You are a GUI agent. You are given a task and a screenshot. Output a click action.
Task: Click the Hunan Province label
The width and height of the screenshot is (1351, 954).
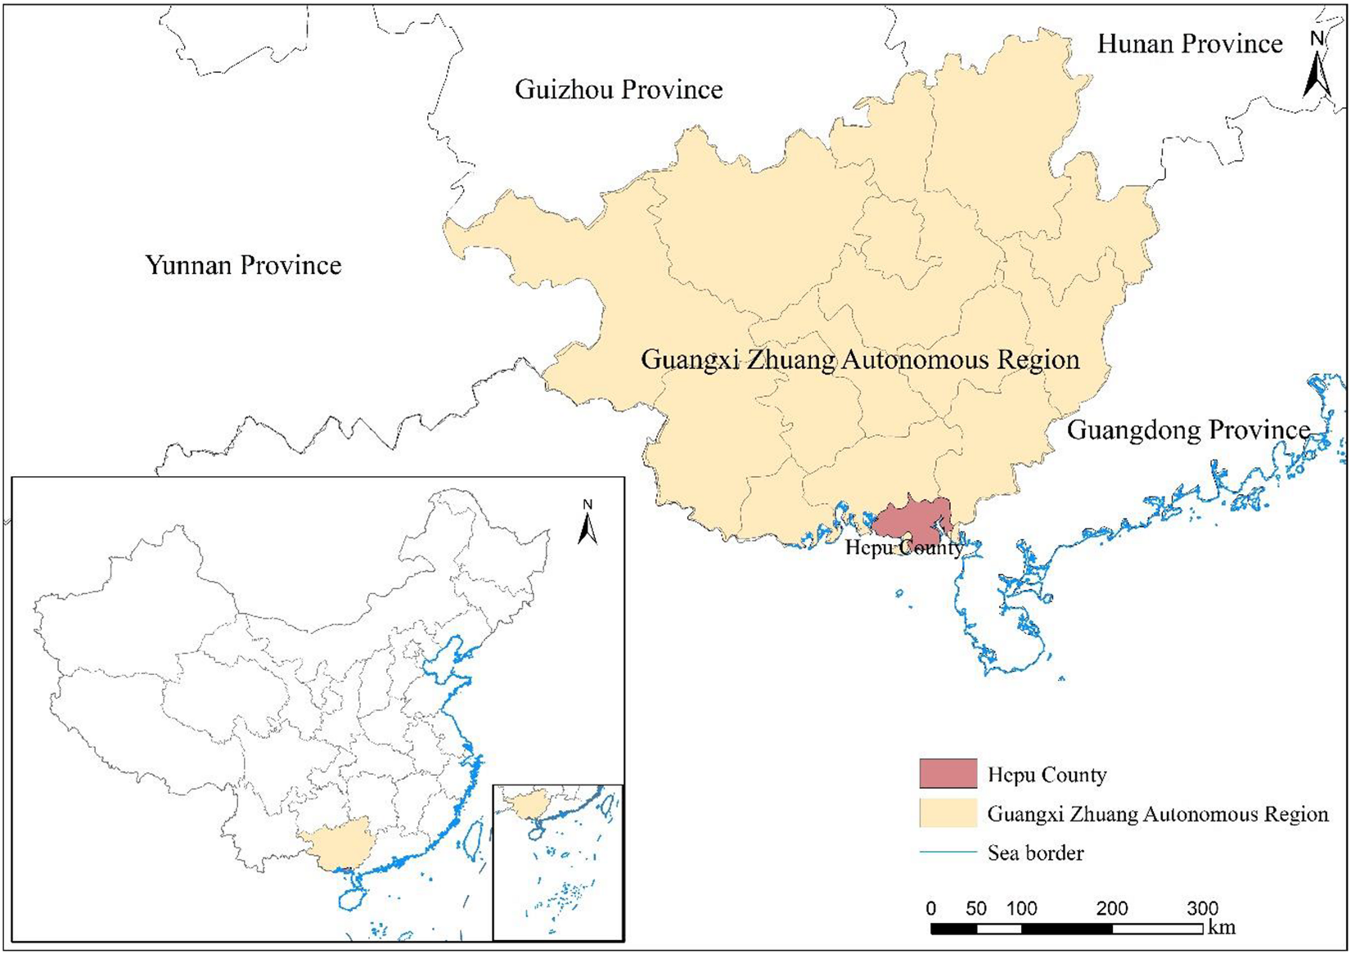pos(1189,44)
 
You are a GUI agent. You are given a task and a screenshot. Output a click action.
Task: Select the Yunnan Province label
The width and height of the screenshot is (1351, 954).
pos(243,265)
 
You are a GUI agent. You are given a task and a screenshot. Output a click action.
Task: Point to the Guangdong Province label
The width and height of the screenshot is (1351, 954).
pos(1188,430)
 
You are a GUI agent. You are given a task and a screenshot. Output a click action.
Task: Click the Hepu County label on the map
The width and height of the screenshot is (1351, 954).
pos(904,548)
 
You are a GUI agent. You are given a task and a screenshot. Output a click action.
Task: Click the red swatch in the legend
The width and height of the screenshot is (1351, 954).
pos(948,774)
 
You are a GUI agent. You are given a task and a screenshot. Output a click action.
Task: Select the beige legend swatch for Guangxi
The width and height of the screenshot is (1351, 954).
pos(948,814)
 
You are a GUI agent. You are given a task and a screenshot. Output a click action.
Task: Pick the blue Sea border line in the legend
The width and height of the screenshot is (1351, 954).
pos(948,852)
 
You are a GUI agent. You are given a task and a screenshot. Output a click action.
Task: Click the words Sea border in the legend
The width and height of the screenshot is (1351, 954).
pos(1035,853)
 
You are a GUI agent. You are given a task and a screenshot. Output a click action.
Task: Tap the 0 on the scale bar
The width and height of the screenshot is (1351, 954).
pos(931,908)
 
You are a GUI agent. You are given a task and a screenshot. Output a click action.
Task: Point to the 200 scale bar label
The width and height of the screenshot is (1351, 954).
pos(1112,908)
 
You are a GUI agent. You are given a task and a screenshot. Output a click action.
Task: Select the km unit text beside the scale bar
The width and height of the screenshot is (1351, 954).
pos(1221,928)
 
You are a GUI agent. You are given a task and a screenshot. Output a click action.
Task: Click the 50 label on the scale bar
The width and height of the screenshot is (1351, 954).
pos(975,908)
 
